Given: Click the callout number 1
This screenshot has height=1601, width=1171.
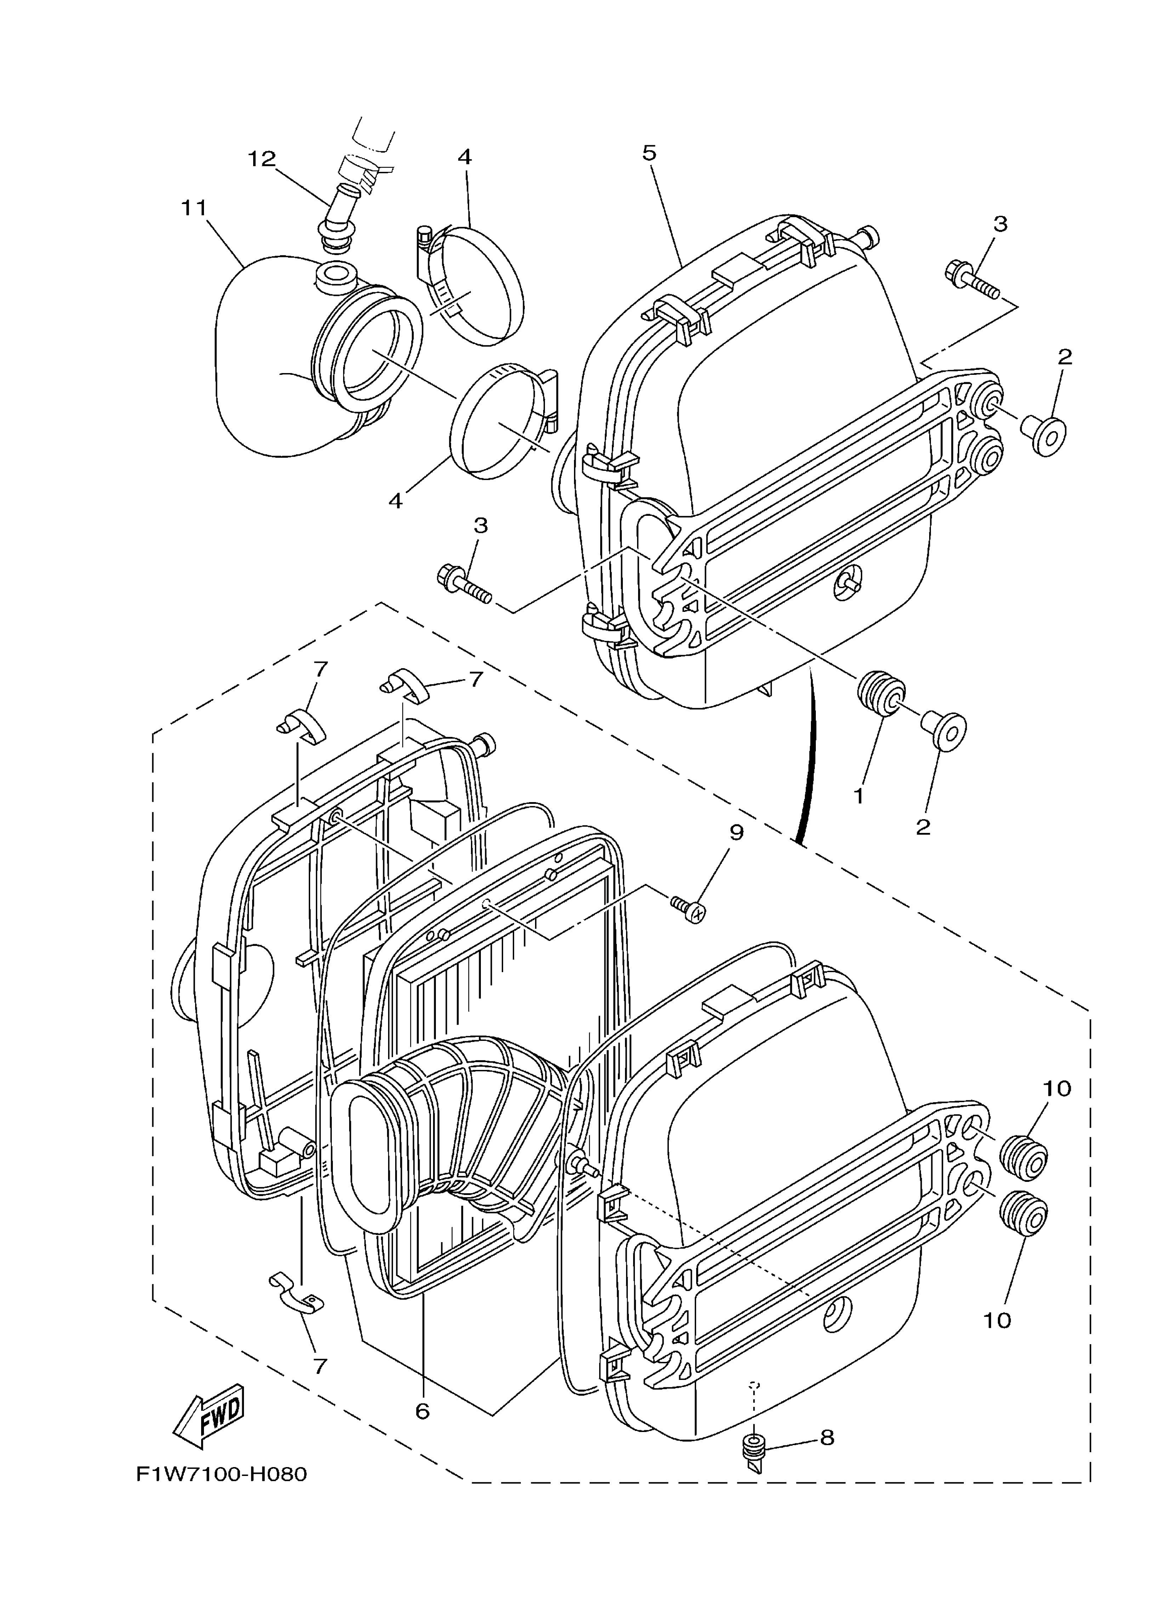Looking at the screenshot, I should point(858,796).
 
